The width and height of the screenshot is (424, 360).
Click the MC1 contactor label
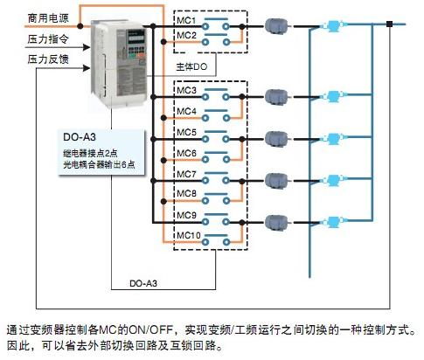point(186,20)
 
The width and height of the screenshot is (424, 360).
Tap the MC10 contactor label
point(189,235)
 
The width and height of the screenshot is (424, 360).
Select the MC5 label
point(186,132)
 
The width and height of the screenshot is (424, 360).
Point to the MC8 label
point(186,193)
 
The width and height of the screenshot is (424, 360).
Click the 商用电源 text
point(48,18)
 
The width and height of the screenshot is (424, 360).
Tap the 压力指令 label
point(48,38)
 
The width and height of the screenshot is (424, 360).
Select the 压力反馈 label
point(48,59)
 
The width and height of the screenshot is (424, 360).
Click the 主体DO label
point(191,67)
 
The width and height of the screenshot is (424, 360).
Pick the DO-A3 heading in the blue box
point(80,137)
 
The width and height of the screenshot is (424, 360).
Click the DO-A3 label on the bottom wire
point(143,283)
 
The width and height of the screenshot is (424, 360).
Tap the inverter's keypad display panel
point(136,37)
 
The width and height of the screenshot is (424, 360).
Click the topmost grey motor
point(276,26)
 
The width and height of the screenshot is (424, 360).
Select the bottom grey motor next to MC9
point(276,223)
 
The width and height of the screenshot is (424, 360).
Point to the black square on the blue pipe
point(389,24)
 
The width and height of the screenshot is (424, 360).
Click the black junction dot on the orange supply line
point(80,26)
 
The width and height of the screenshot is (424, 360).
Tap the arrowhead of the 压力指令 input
point(87,47)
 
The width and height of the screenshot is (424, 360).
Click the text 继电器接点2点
point(90,153)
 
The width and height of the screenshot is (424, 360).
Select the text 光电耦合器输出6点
point(99,165)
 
